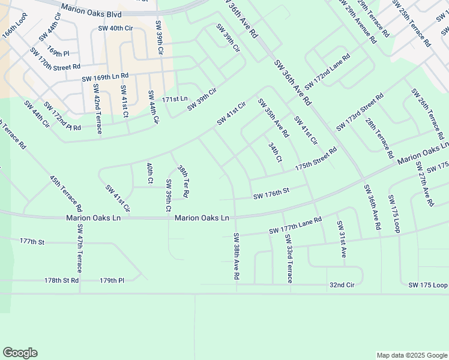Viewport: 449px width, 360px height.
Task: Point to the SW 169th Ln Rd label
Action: coord(105,76)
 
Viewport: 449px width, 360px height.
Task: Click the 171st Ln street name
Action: coord(175,98)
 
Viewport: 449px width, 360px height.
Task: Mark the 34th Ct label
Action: coord(275,152)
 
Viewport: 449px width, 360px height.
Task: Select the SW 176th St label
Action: coord(271,192)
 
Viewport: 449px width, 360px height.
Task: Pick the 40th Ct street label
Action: coord(151,172)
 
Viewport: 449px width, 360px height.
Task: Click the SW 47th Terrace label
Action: coord(79,248)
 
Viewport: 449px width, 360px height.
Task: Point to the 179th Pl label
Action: coord(112,280)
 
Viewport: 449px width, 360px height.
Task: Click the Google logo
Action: coord(20,353)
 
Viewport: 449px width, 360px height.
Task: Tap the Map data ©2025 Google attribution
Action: coord(411,355)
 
